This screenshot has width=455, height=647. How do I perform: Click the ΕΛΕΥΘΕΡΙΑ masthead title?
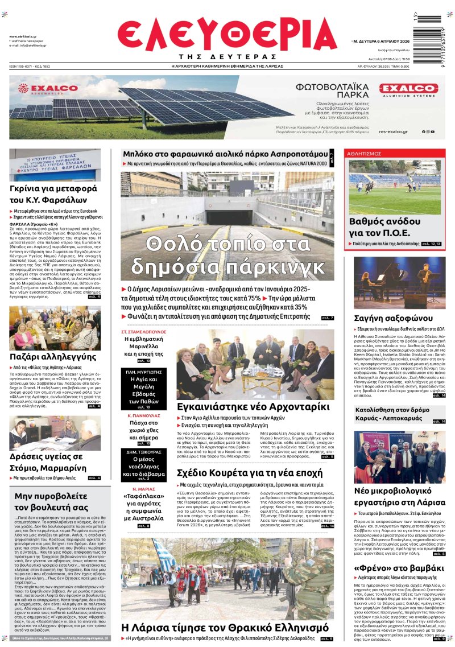227,34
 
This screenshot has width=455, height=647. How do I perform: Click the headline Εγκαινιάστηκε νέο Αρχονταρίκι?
253,407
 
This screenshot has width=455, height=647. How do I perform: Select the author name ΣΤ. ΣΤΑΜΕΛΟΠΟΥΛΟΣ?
144,331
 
